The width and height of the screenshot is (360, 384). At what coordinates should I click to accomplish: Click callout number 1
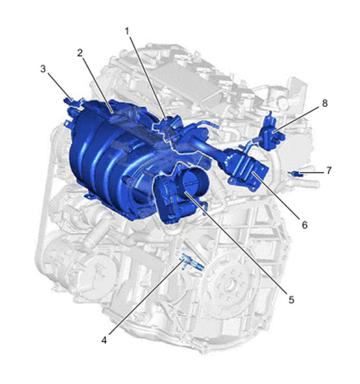(x=127, y=31)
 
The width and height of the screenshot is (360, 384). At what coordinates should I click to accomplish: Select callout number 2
(x=80, y=53)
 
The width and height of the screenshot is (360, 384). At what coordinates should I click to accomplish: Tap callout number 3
(x=43, y=69)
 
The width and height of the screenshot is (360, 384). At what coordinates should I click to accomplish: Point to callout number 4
(x=104, y=340)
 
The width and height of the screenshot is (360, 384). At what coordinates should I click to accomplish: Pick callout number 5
(x=291, y=300)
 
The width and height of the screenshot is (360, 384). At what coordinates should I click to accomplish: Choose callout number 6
(x=304, y=225)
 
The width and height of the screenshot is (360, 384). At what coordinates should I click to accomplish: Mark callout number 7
(x=329, y=170)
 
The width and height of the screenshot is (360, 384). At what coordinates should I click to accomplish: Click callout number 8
(x=325, y=103)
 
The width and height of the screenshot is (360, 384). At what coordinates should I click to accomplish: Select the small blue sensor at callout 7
(x=296, y=174)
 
